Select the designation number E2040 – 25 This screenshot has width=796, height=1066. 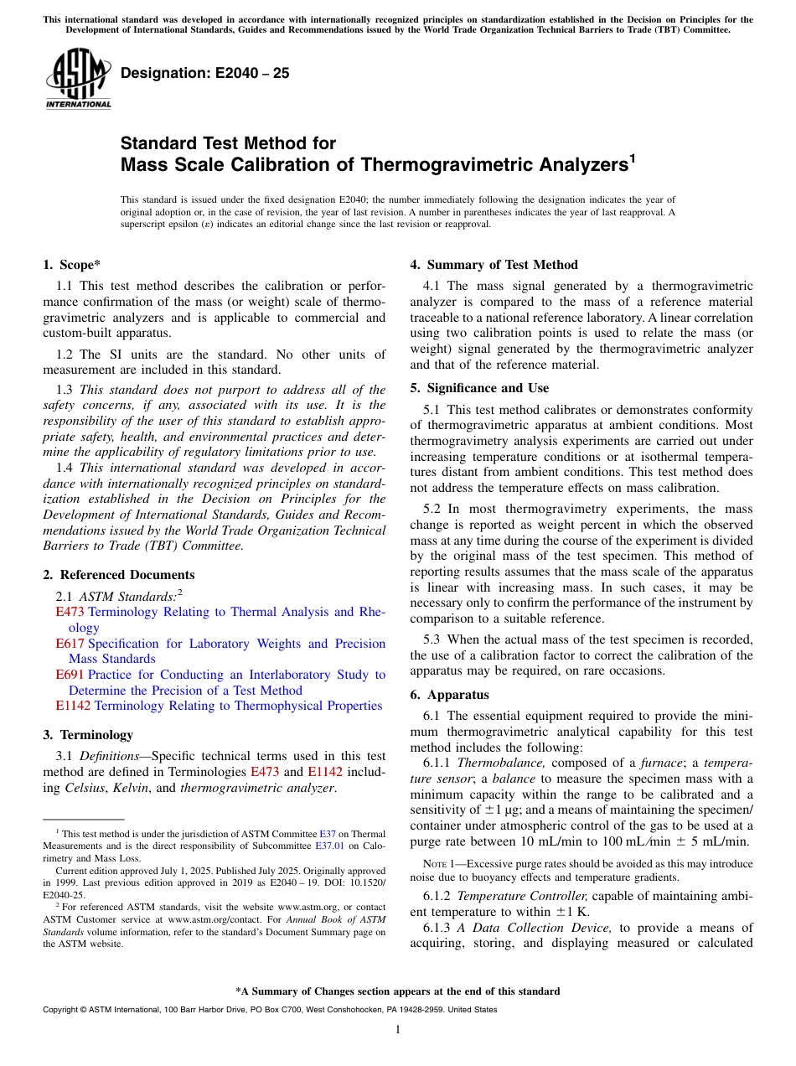click(205, 73)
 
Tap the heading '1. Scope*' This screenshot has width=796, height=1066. click(72, 265)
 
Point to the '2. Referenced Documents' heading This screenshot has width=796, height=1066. click(119, 575)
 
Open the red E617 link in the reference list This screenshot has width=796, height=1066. click(70, 644)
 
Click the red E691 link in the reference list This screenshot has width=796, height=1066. click(70, 675)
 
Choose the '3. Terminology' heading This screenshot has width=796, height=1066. click(88, 735)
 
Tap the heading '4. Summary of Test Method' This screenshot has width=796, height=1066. click(494, 265)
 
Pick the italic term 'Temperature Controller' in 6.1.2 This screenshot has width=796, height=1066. click(522, 896)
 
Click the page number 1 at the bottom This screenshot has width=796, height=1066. click(398, 1029)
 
